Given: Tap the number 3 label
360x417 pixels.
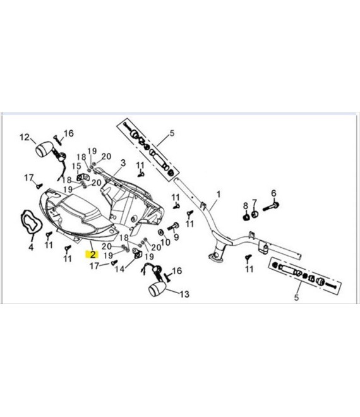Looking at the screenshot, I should [x=123, y=163].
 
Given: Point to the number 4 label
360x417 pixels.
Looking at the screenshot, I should [x=30, y=247].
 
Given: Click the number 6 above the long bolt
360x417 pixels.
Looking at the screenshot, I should [x=273, y=193].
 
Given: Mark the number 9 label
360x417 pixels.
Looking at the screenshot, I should [x=246, y=206].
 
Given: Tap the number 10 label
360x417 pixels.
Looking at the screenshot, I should [x=176, y=238].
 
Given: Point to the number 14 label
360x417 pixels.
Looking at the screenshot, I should [x=184, y=294].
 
